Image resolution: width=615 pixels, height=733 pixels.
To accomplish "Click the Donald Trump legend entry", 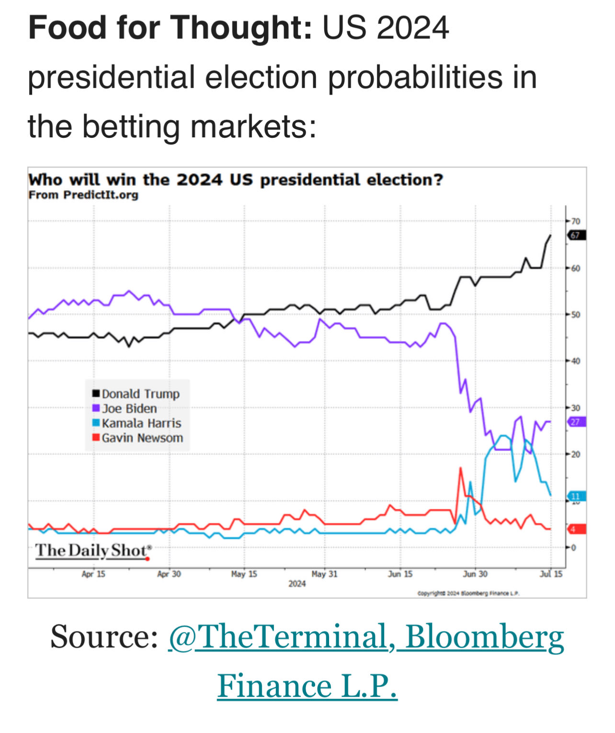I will (x=136, y=394).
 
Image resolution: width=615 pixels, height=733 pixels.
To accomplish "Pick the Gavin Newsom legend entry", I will (x=137, y=438).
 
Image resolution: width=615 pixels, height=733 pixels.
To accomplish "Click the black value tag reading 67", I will (x=576, y=236).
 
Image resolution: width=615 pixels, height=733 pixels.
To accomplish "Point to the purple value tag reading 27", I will (x=576, y=422).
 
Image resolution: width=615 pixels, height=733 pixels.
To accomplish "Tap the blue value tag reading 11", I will (x=576, y=496).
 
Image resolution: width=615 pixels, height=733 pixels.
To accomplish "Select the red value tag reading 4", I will (x=576, y=529).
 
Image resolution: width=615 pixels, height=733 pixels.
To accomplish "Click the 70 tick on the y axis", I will (x=575, y=221).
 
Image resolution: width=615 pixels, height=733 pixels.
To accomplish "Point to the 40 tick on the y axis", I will (x=575, y=361).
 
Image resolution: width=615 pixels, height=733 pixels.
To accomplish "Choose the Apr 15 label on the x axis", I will (x=93, y=574).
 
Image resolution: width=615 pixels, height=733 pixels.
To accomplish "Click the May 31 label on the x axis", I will (x=324, y=574).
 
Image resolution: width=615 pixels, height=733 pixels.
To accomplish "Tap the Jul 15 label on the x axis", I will (x=551, y=574).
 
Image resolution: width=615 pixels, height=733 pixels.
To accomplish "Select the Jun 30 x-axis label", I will (x=475, y=574).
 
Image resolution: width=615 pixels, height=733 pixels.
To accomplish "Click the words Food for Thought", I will (x=170, y=28).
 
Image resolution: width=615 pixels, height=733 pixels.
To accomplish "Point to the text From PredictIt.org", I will (x=83, y=195).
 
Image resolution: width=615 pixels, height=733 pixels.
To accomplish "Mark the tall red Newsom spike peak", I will (x=461, y=468).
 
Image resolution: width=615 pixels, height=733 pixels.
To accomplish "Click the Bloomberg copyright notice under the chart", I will (x=468, y=593).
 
